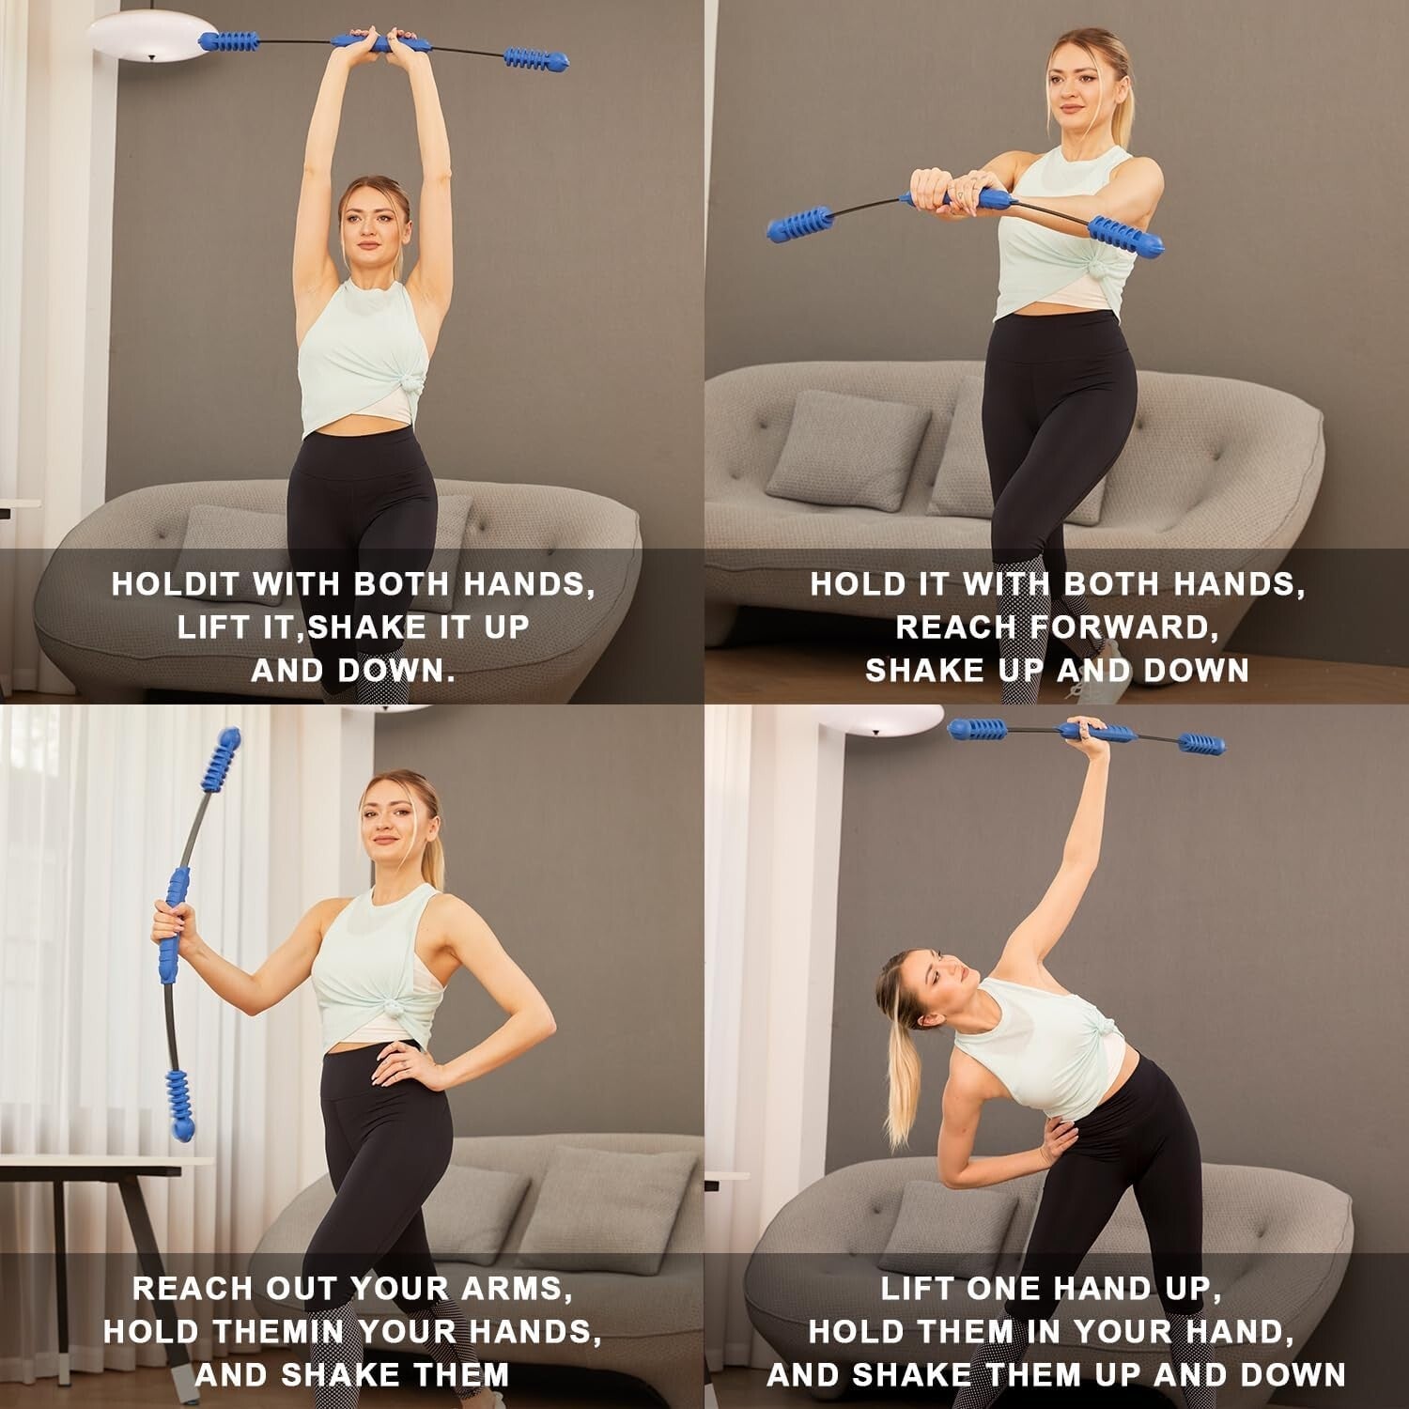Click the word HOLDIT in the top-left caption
pos(175,584)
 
